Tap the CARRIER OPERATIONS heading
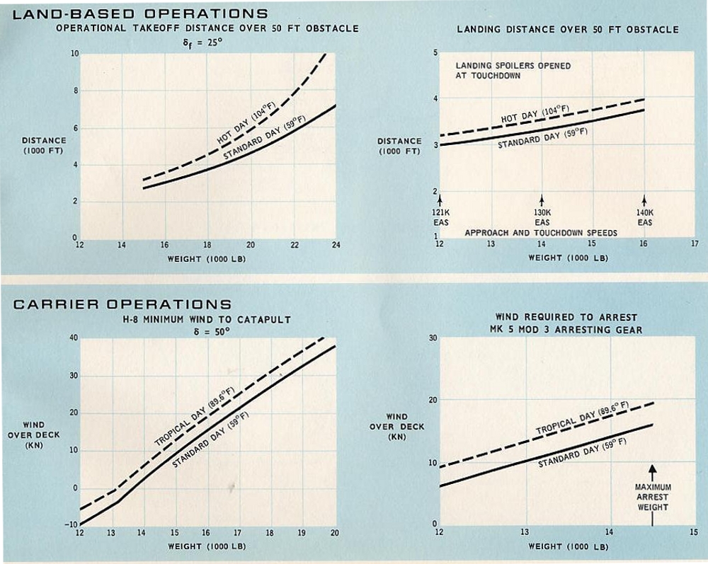click(x=118, y=304)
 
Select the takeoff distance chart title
click(x=207, y=29)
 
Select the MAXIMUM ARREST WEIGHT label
click(x=653, y=497)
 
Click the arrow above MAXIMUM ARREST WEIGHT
click(x=653, y=470)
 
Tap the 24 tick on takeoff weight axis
click(x=336, y=246)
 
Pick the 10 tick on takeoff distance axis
click(x=74, y=54)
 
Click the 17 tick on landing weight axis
click(x=694, y=244)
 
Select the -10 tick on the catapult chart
click(x=72, y=525)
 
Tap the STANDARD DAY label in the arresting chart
click(x=582, y=454)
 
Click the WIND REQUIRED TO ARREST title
click(x=566, y=317)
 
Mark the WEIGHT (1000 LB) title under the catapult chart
click(x=207, y=546)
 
